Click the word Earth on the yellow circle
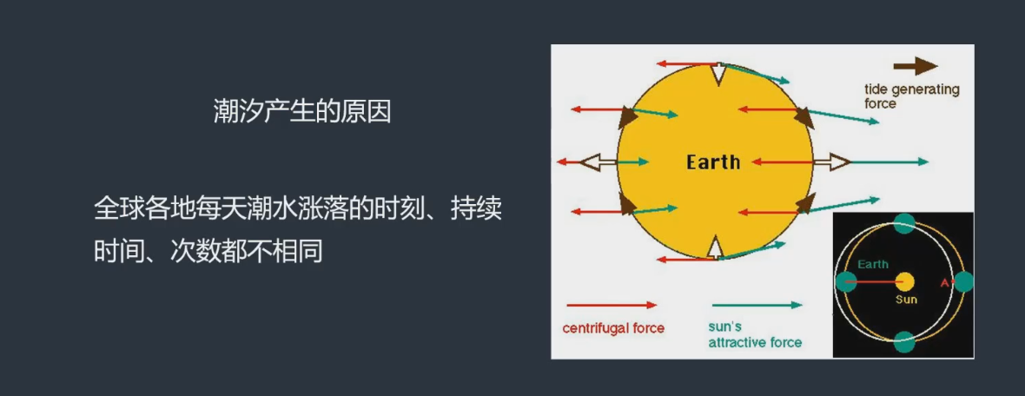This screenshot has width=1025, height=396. pyautogui.click(x=713, y=162)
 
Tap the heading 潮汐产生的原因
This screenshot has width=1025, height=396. pyautogui.click(x=302, y=112)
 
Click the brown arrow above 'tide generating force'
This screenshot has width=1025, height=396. pyautogui.click(x=916, y=66)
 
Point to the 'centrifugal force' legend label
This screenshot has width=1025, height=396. pyautogui.click(x=613, y=328)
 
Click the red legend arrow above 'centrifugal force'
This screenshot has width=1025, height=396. pyautogui.click(x=612, y=305)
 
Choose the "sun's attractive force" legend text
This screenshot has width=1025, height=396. pyautogui.click(x=755, y=334)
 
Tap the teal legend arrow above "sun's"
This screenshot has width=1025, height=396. pyautogui.click(x=757, y=305)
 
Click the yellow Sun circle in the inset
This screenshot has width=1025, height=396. pyautogui.click(x=905, y=282)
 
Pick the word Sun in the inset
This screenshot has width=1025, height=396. pyautogui.click(x=906, y=300)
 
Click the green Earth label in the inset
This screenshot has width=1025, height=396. pyautogui.click(x=873, y=265)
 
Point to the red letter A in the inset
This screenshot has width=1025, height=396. pyautogui.click(x=944, y=283)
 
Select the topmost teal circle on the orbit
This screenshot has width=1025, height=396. pyautogui.click(x=905, y=223)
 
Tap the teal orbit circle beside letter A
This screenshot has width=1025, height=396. pyautogui.click(x=963, y=282)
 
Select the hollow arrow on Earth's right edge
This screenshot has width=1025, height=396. pyautogui.click(x=831, y=162)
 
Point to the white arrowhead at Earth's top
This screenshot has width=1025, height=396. pyautogui.click(x=718, y=74)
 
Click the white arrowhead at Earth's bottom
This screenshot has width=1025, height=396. pyautogui.click(x=716, y=248)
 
